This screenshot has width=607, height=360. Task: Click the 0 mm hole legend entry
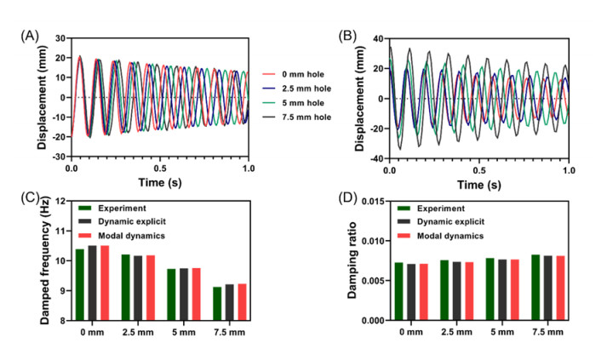click(x=298, y=74)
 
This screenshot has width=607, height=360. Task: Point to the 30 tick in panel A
click(x=60, y=38)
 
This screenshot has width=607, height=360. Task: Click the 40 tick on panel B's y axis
click(x=375, y=38)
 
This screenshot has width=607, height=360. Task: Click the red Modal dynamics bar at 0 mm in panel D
click(x=424, y=292)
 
